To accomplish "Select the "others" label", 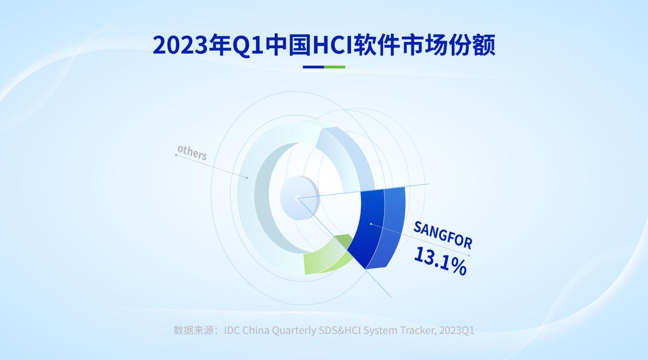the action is point(192,153).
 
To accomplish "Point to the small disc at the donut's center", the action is point(300,198).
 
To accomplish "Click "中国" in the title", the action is point(288,45).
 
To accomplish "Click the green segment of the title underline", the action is point(335,67).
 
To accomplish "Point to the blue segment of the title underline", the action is point(313,67).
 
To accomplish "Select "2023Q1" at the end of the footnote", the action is point(456,330).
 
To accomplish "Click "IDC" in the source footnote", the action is point(232,330).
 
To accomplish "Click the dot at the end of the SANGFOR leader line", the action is point(469,256).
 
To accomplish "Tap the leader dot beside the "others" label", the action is point(176,155).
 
